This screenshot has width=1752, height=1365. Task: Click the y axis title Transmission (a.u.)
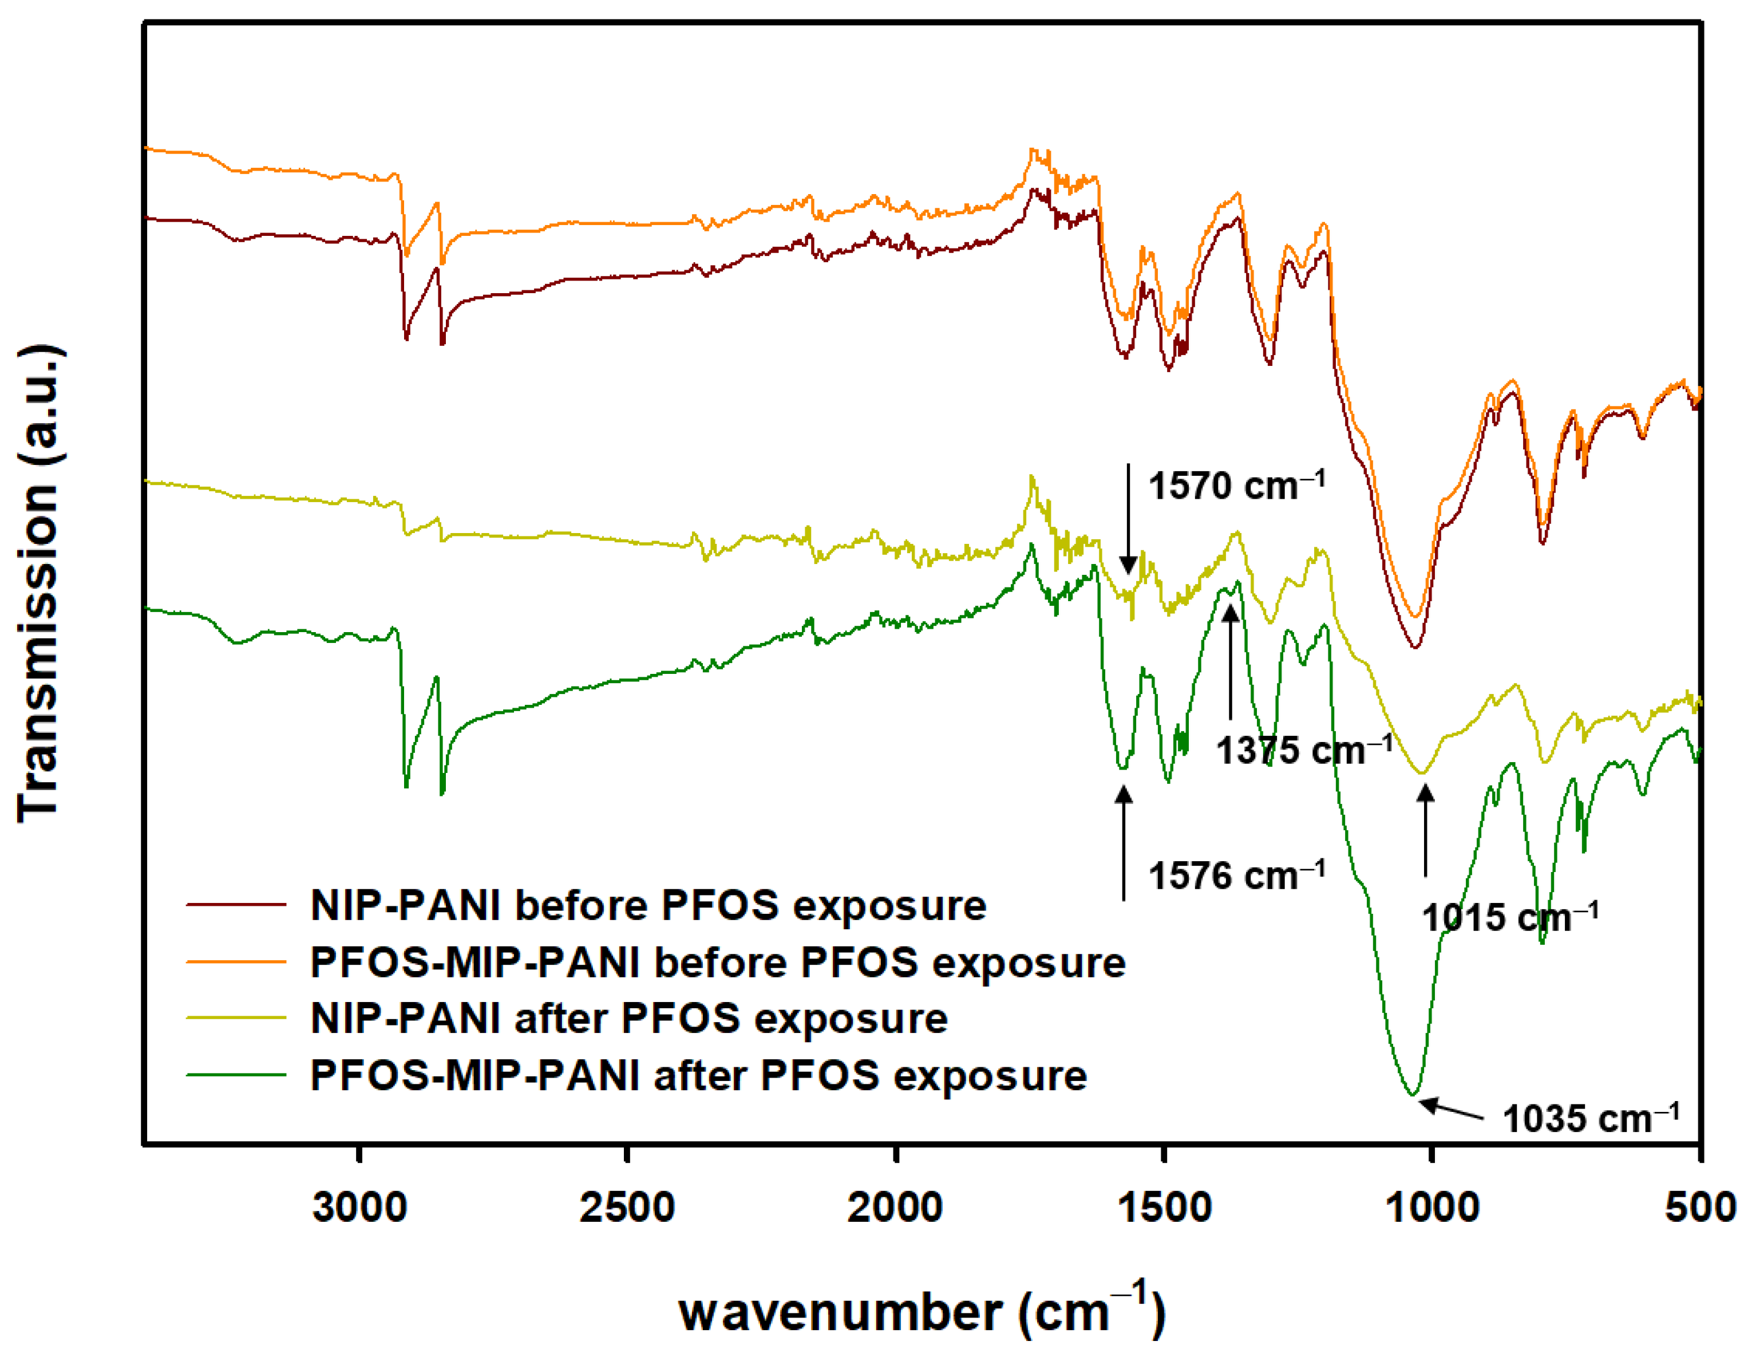click(38, 583)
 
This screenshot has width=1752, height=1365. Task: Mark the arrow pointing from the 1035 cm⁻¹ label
click(1452, 1109)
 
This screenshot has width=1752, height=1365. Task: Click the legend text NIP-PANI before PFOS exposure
click(648, 905)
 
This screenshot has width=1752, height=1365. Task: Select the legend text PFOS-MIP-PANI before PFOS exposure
click(718, 962)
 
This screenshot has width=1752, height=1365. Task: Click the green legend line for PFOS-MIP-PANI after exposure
click(236, 1075)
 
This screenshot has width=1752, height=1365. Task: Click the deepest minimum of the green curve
click(1414, 1093)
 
